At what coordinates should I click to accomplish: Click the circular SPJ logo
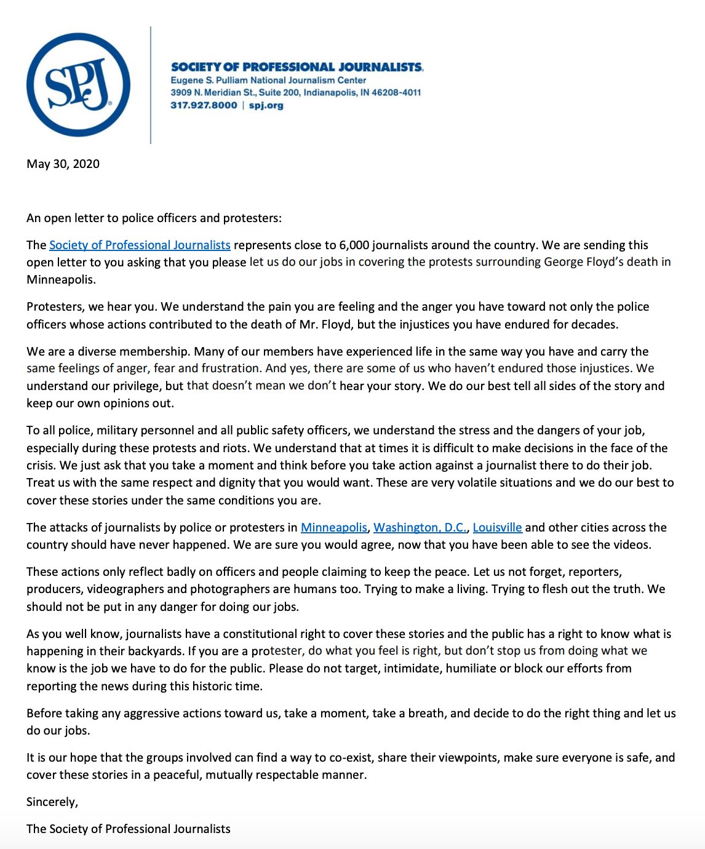point(78,85)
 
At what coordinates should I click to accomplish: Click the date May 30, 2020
point(63,164)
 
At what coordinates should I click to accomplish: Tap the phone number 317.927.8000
point(204,105)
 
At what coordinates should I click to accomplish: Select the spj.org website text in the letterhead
point(266,105)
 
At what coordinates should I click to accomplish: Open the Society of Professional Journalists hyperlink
point(140,245)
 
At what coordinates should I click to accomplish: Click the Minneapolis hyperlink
point(334,527)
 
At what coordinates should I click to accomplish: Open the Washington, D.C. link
point(420,527)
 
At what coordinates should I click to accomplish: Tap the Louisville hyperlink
point(497,527)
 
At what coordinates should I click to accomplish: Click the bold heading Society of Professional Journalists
point(297,67)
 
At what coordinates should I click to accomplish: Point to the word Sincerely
point(52,802)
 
